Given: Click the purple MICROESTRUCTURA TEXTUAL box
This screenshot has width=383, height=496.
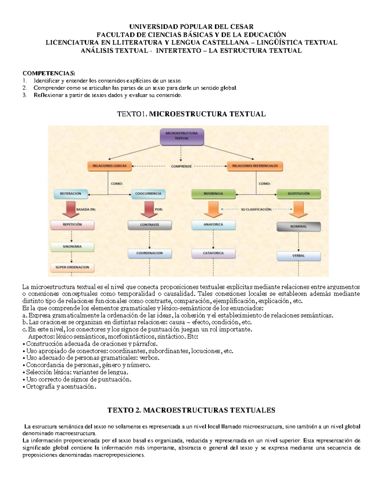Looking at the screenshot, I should point(182,136).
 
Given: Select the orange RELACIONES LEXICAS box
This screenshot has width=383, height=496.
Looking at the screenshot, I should point(109,166).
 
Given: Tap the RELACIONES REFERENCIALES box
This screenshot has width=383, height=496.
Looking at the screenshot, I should point(255,166).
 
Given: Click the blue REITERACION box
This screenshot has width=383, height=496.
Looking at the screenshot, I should point(71,194).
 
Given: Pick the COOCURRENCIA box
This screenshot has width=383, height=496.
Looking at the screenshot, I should point(148,194).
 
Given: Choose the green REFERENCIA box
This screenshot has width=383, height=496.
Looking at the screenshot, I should point(213,194).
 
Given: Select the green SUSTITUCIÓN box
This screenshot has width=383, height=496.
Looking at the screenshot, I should point(298,194).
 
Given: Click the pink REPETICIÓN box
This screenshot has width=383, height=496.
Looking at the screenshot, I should point(72,225).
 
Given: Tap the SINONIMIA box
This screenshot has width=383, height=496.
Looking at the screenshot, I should point(72,247).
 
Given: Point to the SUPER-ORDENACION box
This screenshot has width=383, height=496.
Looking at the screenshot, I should point(72,267).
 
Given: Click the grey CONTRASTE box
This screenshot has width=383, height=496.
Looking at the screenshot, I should point(149,225).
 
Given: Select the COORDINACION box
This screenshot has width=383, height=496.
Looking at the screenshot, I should point(149,253).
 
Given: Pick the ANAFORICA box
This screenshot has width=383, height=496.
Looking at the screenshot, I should point(213,225).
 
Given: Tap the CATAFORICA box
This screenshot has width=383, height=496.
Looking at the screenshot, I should point(213,253).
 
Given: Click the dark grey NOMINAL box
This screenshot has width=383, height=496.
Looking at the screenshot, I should point(298,226).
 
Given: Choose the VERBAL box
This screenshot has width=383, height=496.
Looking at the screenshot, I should point(298,256).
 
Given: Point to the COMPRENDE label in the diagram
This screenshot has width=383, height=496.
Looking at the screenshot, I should point(181,166).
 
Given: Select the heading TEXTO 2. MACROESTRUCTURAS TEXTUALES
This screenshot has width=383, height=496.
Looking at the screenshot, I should point(191,410).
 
